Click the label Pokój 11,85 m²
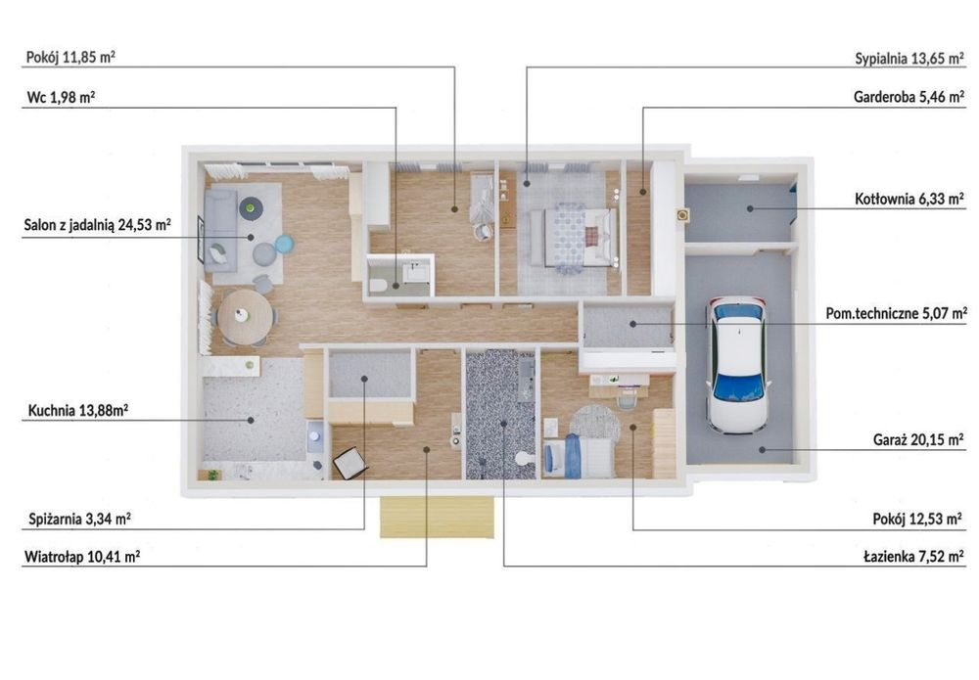coord(70,58)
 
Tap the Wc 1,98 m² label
coord(61,97)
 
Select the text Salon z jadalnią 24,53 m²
coord(97,225)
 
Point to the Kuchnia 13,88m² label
coord(78,411)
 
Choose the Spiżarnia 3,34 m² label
coord(79,519)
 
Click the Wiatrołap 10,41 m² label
coord(82,557)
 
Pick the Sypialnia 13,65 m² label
coord(909,59)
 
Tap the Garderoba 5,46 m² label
coord(909,97)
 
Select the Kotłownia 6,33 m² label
coord(909,199)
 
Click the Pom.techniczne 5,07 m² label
coord(897,313)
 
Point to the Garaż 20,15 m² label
coord(918,440)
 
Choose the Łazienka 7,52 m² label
coord(913,557)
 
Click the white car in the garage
coord(738,364)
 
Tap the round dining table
coord(246,316)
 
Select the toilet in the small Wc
coord(378,287)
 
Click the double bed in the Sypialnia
coord(573,238)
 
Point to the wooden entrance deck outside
coord(437,518)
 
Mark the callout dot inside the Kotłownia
coord(750,208)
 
